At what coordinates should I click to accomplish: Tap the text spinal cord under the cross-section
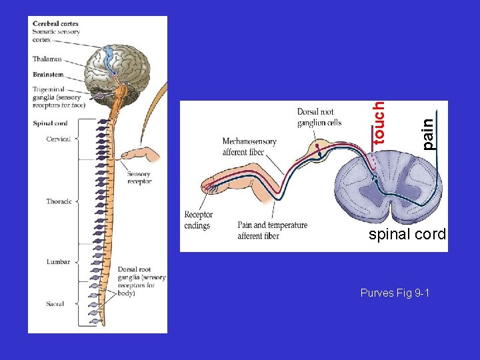click(407, 235)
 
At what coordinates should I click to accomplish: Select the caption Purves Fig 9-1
click(395, 293)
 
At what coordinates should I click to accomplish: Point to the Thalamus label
click(47, 59)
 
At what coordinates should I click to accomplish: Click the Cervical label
click(59, 139)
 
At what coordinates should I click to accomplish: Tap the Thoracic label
click(59, 201)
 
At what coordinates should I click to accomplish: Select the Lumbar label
click(59, 262)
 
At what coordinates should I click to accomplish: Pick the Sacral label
click(55, 304)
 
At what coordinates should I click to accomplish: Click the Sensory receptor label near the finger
click(139, 178)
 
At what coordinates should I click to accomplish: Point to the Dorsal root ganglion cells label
click(319, 117)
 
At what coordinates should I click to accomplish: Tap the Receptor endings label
click(198, 220)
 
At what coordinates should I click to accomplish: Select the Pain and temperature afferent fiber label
click(272, 230)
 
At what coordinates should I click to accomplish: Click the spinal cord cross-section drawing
click(387, 186)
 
